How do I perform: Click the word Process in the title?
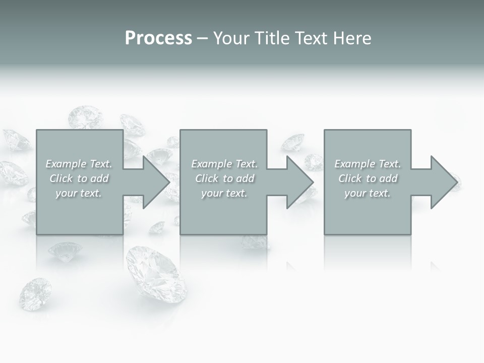point(158,38)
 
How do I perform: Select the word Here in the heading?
point(352,38)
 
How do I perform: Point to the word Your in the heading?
point(231,38)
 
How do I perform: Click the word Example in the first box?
point(66,164)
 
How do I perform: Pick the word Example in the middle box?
point(211,164)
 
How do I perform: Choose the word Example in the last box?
point(355,164)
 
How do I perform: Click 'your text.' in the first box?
point(79,193)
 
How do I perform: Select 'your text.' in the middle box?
point(224,193)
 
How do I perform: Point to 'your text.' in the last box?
point(368,193)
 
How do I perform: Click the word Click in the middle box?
point(207,178)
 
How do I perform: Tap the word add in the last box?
point(388,178)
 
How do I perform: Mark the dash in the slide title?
point(202,38)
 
